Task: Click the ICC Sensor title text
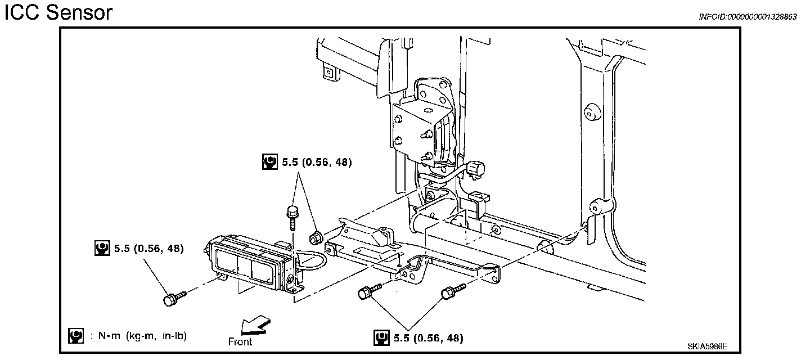pos(58,12)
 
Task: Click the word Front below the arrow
pos(240,341)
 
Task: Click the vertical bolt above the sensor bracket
pos(292,217)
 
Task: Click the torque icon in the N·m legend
pos(75,336)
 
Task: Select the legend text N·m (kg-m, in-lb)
pos(142,336)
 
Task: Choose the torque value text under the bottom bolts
pos(429,338)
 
